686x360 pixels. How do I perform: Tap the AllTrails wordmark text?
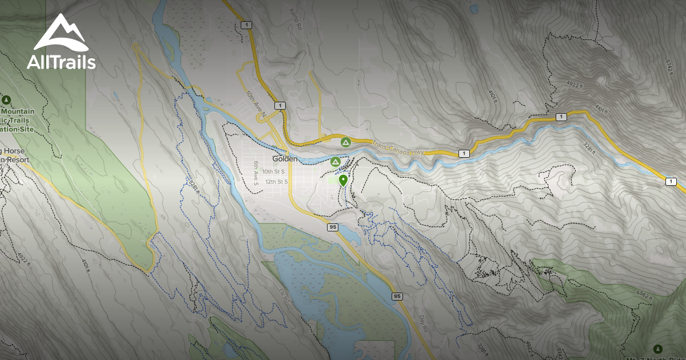point(61,62)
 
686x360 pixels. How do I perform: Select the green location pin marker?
point(343,181)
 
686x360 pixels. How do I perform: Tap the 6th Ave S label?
point(256,173)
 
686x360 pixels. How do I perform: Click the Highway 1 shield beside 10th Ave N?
point(279,106)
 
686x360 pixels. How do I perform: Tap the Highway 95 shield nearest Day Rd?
point(397,296)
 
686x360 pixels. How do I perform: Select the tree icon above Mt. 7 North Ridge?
point(657,348)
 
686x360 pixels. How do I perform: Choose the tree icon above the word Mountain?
point(6,100)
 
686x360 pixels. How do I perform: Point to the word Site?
point(24,130)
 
